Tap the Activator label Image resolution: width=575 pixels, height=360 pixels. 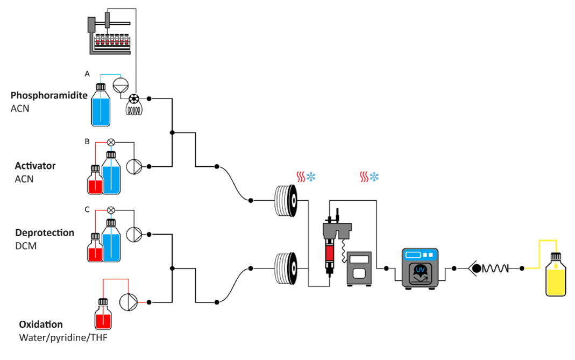35,165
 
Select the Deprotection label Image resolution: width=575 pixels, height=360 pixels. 45,233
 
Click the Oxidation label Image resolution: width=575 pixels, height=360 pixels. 41,324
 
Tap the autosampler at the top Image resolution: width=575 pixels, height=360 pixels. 110,33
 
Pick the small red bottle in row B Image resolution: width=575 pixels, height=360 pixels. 95,181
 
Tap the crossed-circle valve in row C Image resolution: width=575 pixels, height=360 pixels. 111,210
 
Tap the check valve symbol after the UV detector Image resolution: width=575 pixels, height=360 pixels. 475,268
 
